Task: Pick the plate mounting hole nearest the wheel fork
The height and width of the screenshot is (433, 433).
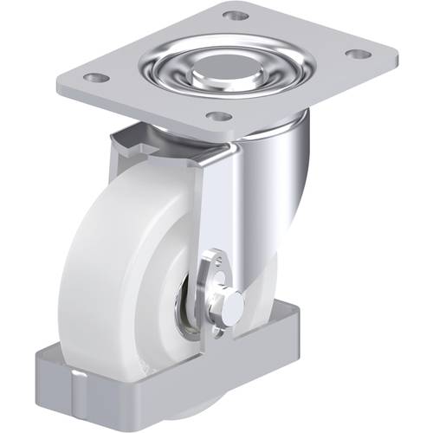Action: pos(221,116)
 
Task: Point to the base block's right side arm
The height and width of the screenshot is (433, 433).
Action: pos(286,329)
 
